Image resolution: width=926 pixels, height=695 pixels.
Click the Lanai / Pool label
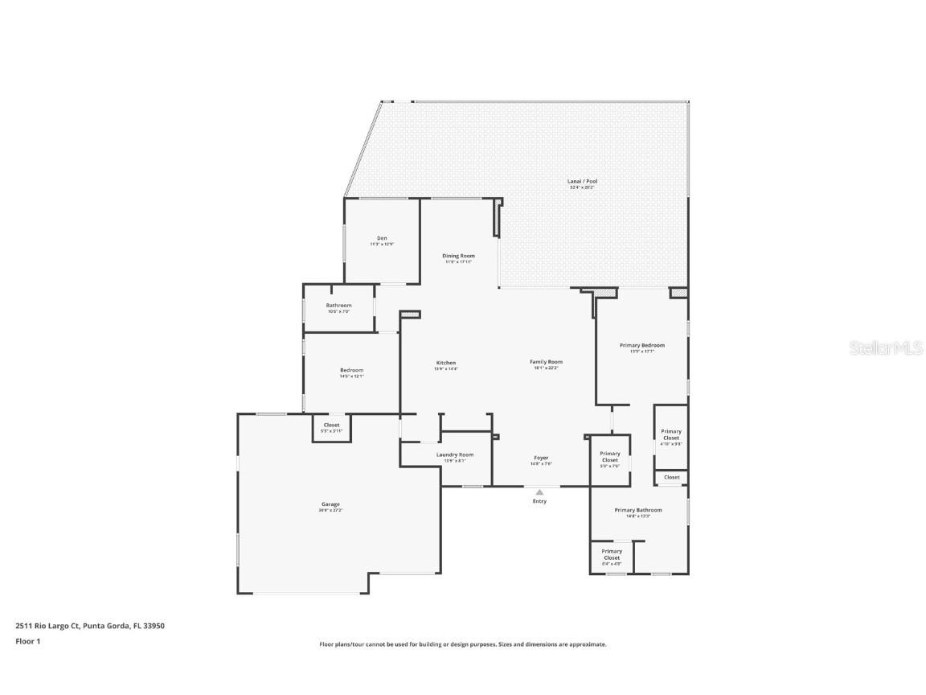[x=583, y=182]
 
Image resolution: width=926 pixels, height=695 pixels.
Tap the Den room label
[x=382, y=239]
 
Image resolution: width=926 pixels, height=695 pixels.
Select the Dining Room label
[x=458, y=257]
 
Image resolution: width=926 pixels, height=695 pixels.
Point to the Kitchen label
[x=445, y=364]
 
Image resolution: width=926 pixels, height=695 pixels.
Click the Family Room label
[x=545, y=363]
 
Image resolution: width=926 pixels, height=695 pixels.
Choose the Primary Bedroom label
[x=641, y=346]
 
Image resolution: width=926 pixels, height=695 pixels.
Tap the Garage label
[x=330, y=505]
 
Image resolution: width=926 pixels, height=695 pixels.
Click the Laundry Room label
[x=454, y=455]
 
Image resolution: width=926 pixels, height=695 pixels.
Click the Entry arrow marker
[x=539, y=492]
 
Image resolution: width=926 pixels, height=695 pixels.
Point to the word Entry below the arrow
[x=539, y=501]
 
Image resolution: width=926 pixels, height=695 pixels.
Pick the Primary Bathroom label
[x=638, y=511]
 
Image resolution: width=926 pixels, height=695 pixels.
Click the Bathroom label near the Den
[x=338, y=306]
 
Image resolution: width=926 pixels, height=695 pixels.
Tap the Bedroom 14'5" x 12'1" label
[x=351, y=371]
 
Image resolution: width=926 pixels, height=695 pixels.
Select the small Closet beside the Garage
[x=331, y=426]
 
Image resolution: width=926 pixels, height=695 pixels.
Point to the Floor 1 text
[x=27, y=641]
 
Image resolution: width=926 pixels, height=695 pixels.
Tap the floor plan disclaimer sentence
[x=462, y=644]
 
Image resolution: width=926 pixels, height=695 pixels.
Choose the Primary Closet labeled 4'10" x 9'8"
[x=670, y=435]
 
